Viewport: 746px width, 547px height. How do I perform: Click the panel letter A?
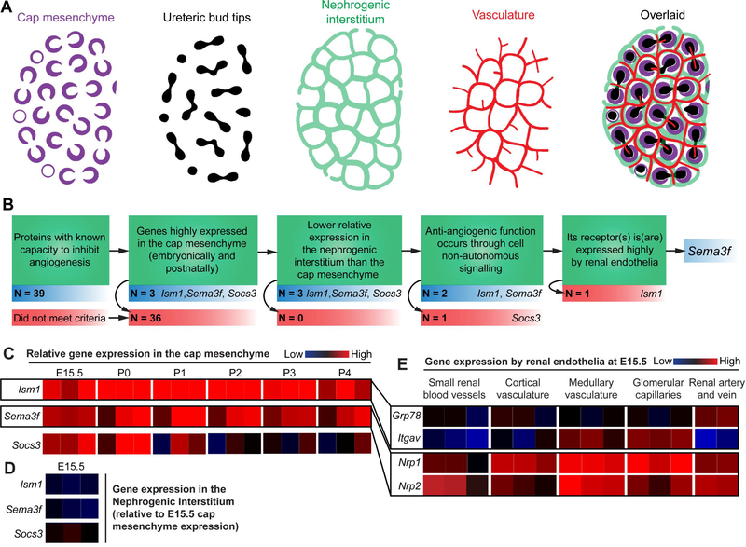pos(8,9)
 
